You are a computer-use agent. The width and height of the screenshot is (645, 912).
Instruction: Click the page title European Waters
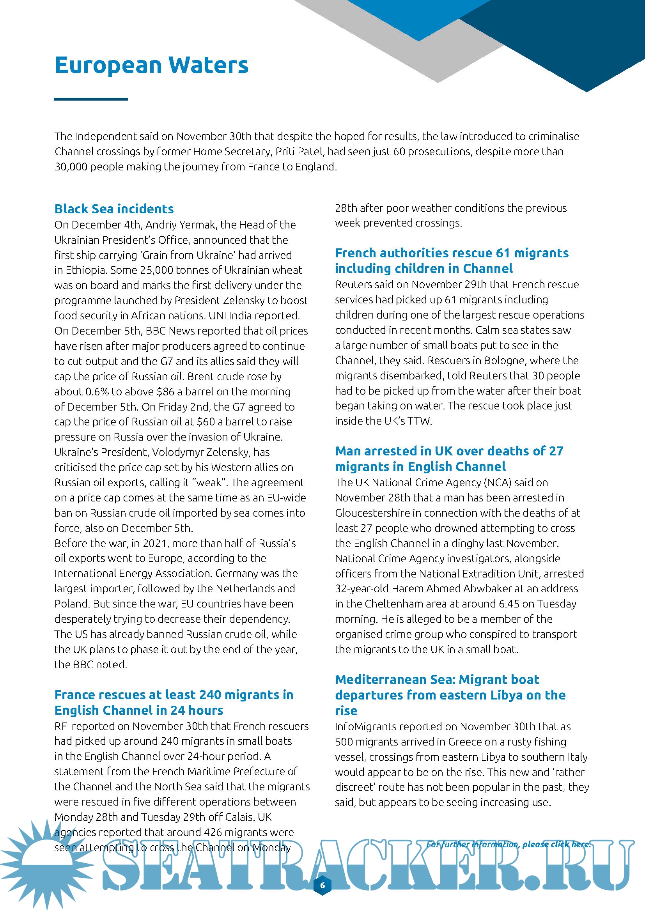click(x=151, y=66)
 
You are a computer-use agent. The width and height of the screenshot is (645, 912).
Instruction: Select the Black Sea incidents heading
click(x=114, y=209)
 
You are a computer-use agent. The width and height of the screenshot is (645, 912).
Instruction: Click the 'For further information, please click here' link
click(x=508, y=844)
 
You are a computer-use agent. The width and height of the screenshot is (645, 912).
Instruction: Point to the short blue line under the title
click(x=91, y=99)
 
